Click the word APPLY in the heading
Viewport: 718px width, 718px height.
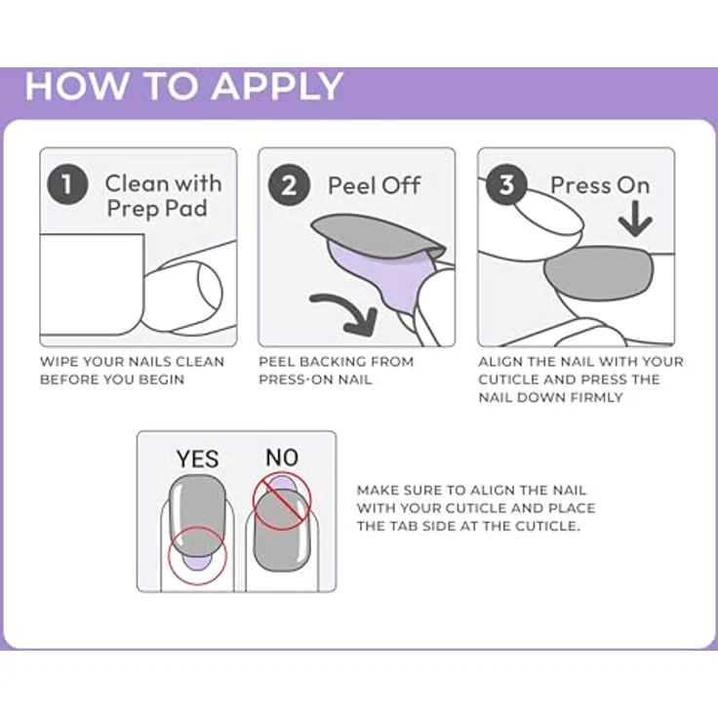coord(277,86)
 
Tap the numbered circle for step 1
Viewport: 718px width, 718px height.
coord(67,184)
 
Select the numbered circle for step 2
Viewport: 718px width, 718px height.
coord(289,185)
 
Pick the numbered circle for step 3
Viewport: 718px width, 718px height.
coord(506,184)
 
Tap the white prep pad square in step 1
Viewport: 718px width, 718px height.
coord(92,285)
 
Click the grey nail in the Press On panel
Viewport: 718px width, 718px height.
coord(599,272)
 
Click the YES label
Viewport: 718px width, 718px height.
coord(197,459)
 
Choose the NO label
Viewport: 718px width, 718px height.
coord(282,458)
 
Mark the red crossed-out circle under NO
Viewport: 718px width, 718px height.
coord(282,501)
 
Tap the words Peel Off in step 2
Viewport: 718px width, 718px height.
coord(374,185)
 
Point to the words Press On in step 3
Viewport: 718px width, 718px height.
coord(600,185)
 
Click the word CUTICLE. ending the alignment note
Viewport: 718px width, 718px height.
coord(547,526)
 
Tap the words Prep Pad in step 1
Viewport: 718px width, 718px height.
coord(157,209)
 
